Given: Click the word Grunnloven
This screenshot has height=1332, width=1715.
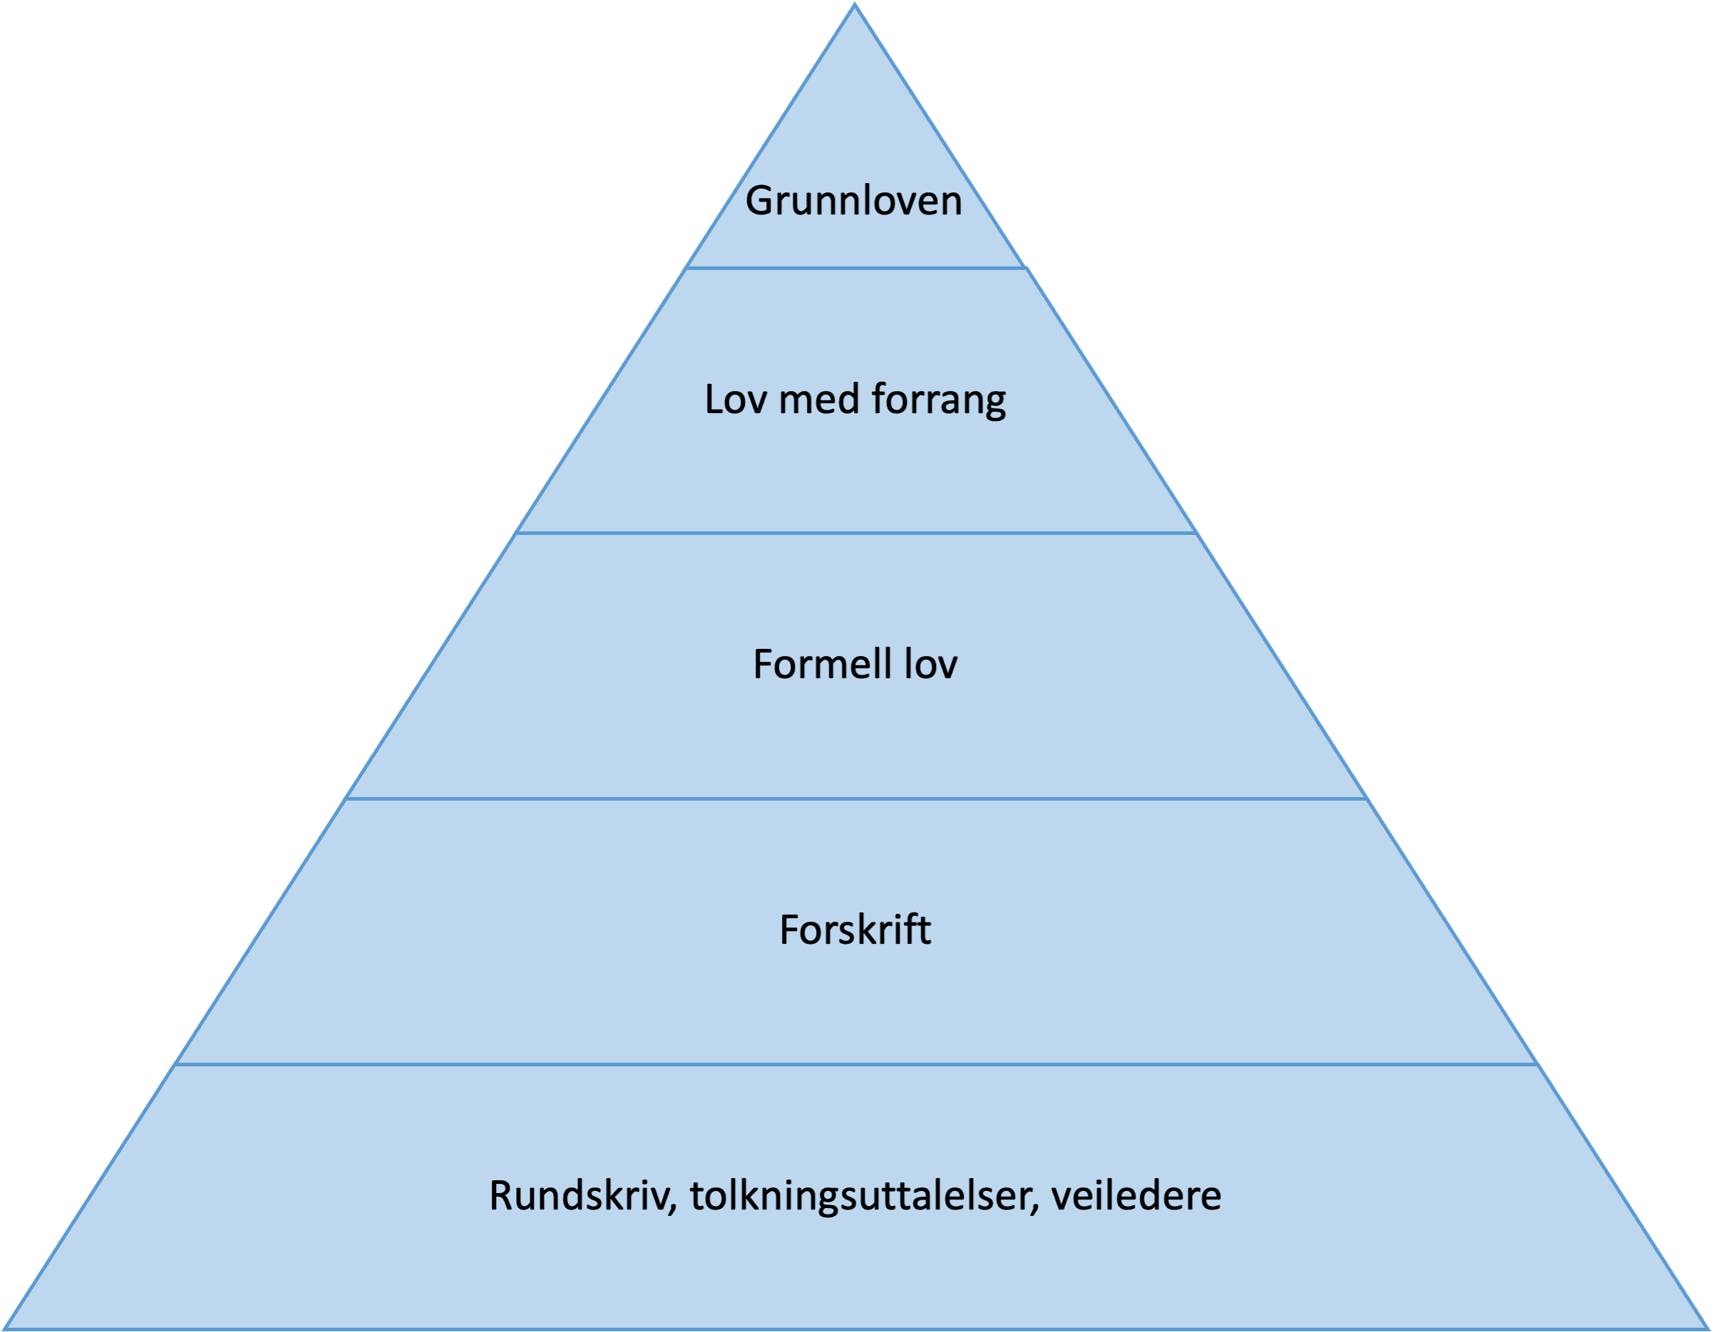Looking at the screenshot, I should pyautogui.click(x=853, y=201).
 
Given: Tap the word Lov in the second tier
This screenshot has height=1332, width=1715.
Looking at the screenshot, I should pyautogui.click(x=734, y=400).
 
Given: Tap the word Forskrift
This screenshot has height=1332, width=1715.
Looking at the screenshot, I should pyautogui.click(x=855, y=930).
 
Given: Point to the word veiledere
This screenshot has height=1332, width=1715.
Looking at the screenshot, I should pyautogui.click(x=1136, y=1196).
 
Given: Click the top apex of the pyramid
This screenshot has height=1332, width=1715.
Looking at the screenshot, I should pyautogui.click(x=855, y=6).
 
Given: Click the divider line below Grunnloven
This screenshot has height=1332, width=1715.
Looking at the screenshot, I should pyautogui.click(x=855, y=269).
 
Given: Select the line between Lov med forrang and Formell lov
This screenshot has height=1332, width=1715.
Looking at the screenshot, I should pyautogui.click(x=855, y=534).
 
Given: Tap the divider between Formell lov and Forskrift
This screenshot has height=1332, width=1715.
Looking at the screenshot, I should pyautogui.click(x=855, y=799).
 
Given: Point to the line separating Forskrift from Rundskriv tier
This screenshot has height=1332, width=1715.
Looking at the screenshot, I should pyautogui.click(x=855, y=1065).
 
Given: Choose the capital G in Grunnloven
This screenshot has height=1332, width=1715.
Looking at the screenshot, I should pyautogui.click(x=759, y=201).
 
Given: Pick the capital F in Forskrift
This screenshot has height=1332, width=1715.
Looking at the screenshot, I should pyautogui.click(x=788, y=930).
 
